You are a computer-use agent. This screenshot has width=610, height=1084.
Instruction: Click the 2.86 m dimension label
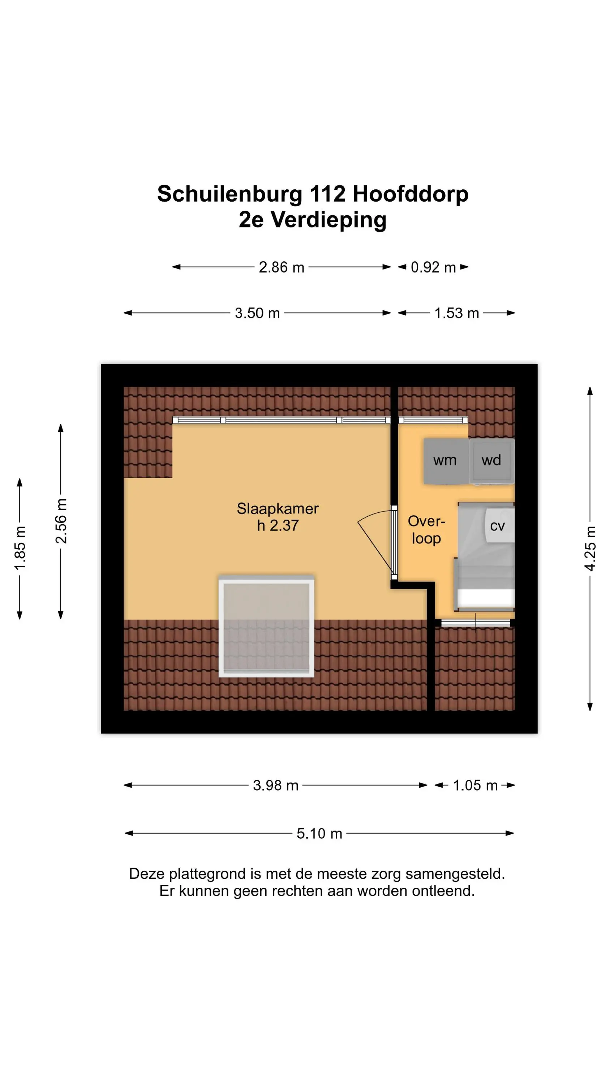pyautogui.click(x=281, y=267)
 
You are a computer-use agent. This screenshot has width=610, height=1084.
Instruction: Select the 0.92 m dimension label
pyautogui.click(x=433, y=267)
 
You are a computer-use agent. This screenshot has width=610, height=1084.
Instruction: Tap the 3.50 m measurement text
pyautogui.click(x=257, y=313)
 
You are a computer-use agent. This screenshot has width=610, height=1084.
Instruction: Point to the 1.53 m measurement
pyautogui.click(x=456, y=313)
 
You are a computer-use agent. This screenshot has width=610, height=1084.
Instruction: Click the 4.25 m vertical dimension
pyautogui.click(x=590, y=548)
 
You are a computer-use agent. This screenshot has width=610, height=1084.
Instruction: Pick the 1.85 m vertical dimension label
pyautogui.click(x=20, y=548)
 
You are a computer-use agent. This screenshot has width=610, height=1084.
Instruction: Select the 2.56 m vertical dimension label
pyautogui.click(x=61, y=521)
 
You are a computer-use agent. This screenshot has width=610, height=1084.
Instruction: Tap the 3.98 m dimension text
pyautogui.click(x=276, y=785)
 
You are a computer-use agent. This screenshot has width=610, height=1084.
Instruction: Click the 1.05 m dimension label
pyautogui.click(x=475, y=785)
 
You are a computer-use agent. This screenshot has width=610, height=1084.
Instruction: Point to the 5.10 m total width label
pyautogui.click(x=319, y=833)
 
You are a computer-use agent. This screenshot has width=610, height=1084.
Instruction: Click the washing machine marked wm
pyautogui.click(x=446, y=461)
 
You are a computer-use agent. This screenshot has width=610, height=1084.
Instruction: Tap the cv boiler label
pyautogui.click(x=497, y=526)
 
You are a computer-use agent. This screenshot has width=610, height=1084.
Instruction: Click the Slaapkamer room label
pyautogui.click(x=278, y=509)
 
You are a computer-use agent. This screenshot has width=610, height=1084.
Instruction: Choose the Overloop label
pyautogui.click(x=426, y=530)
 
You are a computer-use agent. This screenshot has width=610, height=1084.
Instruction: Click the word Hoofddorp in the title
pyautogui.click(x=411, y=194)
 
